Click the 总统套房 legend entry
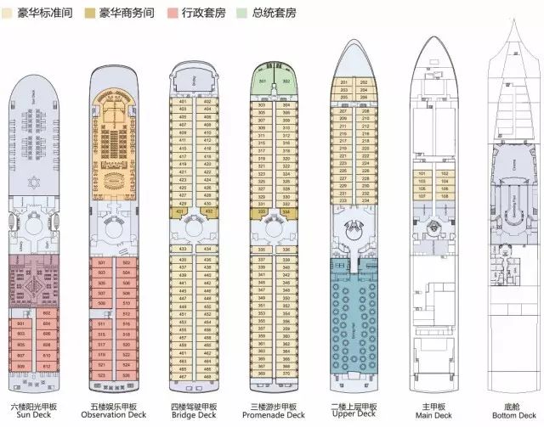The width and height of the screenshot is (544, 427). (x=314, y=14)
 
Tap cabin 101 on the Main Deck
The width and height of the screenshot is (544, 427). (x=422, y=173)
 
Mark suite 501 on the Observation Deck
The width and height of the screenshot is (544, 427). (x=102, y=263)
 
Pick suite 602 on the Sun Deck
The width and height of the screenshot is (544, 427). (x=47, y=313)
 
